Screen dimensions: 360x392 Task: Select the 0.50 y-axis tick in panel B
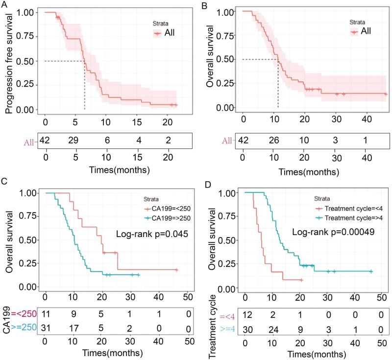point(228,59)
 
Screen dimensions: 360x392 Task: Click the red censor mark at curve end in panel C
point(176,270)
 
